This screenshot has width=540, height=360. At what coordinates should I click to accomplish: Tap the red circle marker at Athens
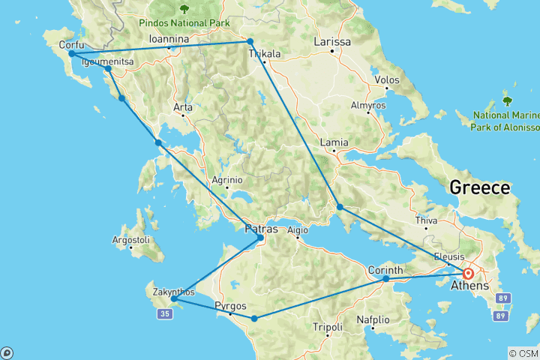coord(468,274)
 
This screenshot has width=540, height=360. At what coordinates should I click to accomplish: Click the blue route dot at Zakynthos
coord(173,298)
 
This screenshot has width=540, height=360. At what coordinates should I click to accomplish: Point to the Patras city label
coord(262,229)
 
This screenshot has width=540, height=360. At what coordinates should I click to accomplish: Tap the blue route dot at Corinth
coord(386,279)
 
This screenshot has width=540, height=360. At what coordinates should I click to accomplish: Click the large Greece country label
coord(479,187)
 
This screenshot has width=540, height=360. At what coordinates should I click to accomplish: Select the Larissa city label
coord(331,42)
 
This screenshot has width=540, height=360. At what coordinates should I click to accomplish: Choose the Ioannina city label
coord(168,38)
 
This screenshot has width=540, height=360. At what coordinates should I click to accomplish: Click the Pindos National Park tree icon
coord(184,10)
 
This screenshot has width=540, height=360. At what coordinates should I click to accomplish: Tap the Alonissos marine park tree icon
coord(507,100)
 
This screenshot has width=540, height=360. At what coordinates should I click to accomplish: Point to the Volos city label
coord(387,78)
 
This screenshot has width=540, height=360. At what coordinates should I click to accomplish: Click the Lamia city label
coord(334,142)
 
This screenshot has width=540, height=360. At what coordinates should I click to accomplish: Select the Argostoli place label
coord(130,239)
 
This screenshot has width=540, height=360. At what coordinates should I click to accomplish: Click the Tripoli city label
coord(328,327)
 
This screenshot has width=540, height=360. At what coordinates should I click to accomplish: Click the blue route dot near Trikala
coord(250,41)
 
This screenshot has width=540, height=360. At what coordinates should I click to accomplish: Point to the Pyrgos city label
coord(229,305)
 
